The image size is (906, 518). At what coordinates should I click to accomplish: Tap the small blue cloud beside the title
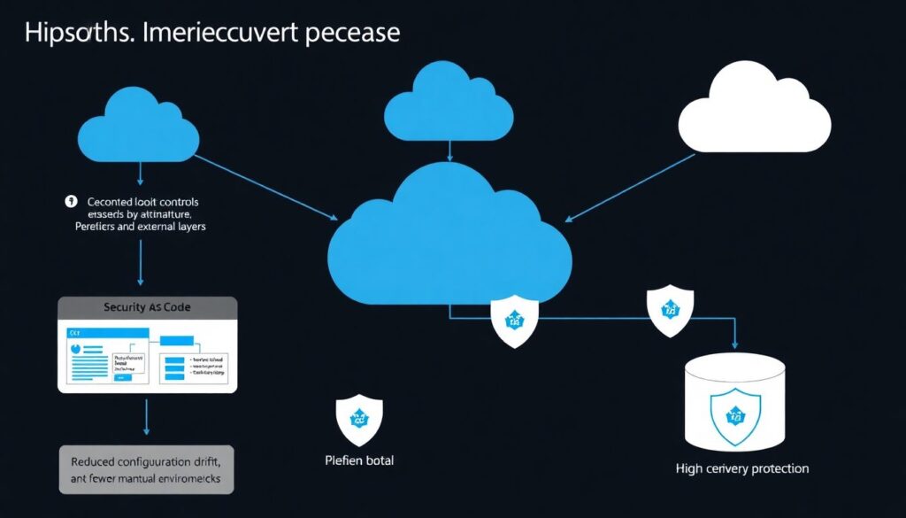[x=138, y=126]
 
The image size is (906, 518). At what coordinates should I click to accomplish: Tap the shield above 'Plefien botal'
[x=359, y=416]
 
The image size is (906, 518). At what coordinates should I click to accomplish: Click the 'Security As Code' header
[x=147, y=306]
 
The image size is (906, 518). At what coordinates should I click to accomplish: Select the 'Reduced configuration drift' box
[x=146, y=468]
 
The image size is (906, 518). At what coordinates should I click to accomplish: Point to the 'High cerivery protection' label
[x=742, y=468]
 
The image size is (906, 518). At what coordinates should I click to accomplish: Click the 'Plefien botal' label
[x=358, y=460]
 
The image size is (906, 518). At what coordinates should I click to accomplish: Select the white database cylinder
[x=735, y=403]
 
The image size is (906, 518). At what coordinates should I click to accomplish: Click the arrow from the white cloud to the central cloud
[x=630, y=187]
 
